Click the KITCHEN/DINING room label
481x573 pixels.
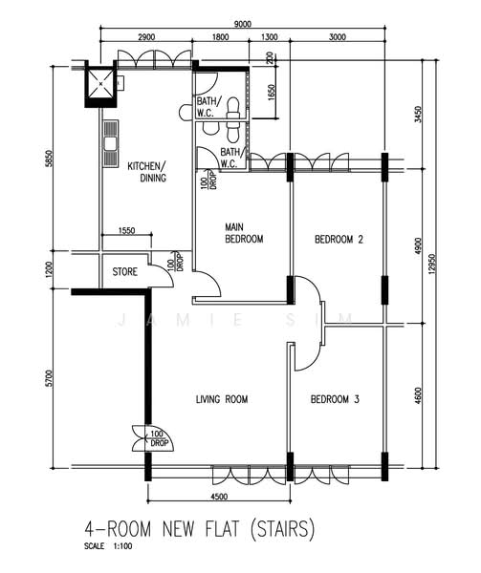pos(146,172)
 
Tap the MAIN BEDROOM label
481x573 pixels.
pos(244,233)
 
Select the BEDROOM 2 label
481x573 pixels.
pos(339,240)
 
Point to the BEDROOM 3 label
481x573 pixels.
pos(335,399)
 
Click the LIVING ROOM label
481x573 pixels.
pos(222,399)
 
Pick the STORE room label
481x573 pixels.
pos(124,271)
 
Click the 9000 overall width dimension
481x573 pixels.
pos(243,24)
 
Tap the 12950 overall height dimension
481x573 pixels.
pos(433,264)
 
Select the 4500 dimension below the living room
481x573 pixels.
pos(219,497)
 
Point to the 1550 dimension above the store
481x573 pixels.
pos(126,230)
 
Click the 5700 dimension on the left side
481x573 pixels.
pos(50,378)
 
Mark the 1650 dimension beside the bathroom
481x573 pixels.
pos(271,94)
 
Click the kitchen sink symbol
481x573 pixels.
pos(111,143)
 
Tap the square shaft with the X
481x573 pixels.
pos(100,84)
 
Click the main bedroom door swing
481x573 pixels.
pos(208,284)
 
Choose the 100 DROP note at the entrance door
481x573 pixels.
pos(159,438)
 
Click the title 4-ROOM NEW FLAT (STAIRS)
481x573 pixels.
pos(200,529)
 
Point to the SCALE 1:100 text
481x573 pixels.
pos(108,546)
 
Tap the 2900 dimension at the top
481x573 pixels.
pos(146,37)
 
